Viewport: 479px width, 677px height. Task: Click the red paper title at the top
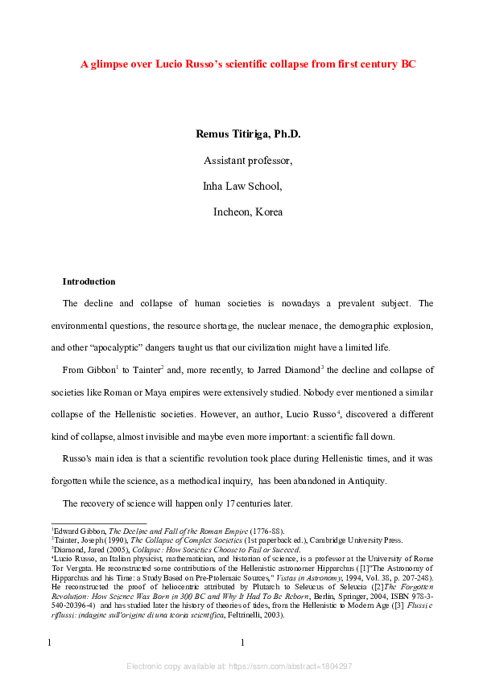[248, 64]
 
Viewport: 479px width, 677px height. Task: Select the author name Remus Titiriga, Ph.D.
[248, 134]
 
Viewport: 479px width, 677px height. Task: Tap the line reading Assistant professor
[248, 160]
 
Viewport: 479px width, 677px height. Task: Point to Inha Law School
[242, 187]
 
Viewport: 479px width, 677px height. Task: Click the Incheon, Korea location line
[248, 212]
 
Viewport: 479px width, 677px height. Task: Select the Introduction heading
[89, 282]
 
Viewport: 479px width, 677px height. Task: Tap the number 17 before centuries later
[231, 503]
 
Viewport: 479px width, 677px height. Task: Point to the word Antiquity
[366, 481]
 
